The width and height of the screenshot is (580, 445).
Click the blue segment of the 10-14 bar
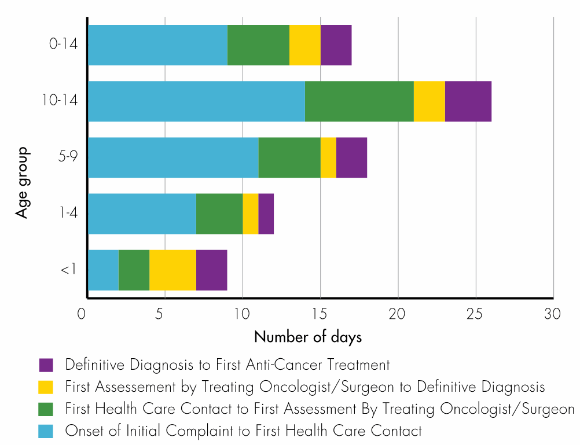click(x=196, y=101)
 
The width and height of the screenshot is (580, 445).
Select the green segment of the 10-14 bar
click(x=359, y=101)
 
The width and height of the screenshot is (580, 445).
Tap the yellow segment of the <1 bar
click(x=172, y=270)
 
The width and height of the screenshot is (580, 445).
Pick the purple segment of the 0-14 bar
click(x=336, y=45)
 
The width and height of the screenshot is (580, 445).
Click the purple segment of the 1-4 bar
click(x=266, y=214)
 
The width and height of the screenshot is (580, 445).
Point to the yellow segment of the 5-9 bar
click(x=328, y=157)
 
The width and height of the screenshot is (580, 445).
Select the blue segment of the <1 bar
click(x=103, y=270)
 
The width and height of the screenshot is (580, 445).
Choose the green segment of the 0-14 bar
click(x=258, y=45)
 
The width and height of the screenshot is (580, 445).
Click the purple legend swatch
click(x=46, y=365)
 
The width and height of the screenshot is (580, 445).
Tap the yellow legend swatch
click(x=46, y=387)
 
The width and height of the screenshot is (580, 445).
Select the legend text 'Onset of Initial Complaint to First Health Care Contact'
click(x=244, y=431)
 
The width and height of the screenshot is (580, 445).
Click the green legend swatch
click(x=46, y=409)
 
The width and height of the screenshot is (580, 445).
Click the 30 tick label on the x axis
click(x=553, y=314)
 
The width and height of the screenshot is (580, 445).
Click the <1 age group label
click(x=69, y=270)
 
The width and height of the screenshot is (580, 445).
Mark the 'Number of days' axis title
click(x=307, y=337)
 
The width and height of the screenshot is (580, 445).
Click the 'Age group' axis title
click(x=22, y=182)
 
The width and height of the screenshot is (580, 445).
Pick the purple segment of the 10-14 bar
click(x=468, y=101)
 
